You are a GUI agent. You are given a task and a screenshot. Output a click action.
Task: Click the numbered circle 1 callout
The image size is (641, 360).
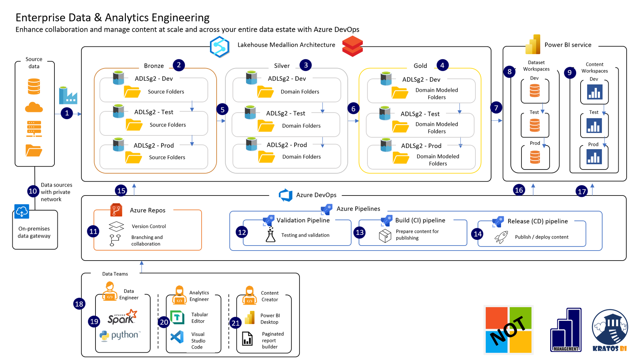pyautogui.click(x=67, y=113)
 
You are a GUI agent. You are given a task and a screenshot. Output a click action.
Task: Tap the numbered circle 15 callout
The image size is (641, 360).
pyautogui.click(x=121, y=191)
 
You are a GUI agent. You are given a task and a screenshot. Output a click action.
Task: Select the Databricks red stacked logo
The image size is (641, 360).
pyautogui.click(x=352, y=46)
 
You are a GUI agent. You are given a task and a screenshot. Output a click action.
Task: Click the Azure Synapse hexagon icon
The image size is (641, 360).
pyautogui.click(x=219, y=47)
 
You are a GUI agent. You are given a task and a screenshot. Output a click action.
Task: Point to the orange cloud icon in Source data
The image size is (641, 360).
pyautogui.click(x=34, y=107)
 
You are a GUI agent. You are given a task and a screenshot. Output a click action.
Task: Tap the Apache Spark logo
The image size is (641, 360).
pyautogui.click(x=122, y=317)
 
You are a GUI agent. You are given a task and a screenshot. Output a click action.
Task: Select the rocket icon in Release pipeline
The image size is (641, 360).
pyautogui.click(x=501, y=237)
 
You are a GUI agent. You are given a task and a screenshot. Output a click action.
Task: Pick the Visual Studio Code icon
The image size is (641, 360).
pyautogui.click(x=177, y=337)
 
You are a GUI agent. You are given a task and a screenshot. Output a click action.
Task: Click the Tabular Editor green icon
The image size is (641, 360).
pyautogui.click(x=177, y=317)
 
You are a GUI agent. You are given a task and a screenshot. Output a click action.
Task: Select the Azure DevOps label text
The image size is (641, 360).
pyautogui.click(x=316, y=195)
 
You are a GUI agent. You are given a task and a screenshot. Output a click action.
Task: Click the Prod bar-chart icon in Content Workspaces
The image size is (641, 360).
pyautogui.click(x=594, y=156)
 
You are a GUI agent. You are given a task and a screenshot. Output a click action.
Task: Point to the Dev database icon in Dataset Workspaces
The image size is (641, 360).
pyautogui.click(x=535, y=90)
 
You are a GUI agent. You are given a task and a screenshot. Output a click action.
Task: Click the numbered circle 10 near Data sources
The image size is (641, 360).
pyautogui.click(x=33, y=191)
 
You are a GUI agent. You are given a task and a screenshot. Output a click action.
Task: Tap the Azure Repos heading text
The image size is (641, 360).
pyautogui.click(x=148, y=210)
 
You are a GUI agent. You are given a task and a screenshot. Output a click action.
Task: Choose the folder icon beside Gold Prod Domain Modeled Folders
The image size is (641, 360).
pyautogui.click(x=401, y=158)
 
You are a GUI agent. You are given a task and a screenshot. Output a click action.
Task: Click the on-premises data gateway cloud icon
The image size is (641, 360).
pyautogui.click(x=22, y=212)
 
